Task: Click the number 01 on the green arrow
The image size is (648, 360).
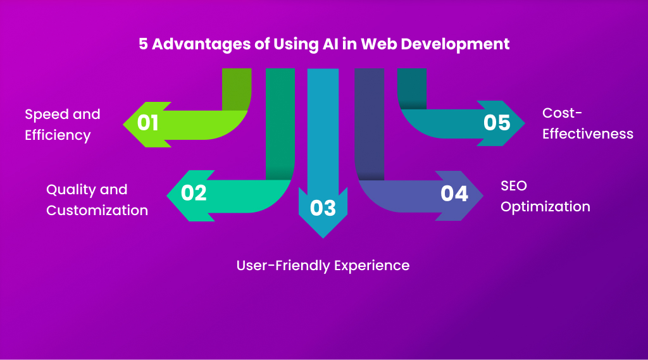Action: pyautogui.click(x=147, y=122)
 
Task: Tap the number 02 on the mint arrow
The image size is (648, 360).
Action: pyautogui.click(x=194, y=192)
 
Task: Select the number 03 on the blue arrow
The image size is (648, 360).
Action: pyautogui.click(x=323, y=208)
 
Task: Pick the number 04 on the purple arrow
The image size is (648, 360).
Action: pyautogui.click(x=454, y=193)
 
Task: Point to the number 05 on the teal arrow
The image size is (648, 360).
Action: pyautogui.click(x=497, y=122)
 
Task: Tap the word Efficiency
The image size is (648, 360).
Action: pyautogui.click(x=58, y=135)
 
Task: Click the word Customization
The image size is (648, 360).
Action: pyautogui.click(x=97, y=210)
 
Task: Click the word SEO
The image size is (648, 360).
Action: pyautogui.click(x=513, y=186)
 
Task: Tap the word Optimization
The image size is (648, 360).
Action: pyautogui.click(x=545, y=206)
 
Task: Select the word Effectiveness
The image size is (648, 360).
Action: pyautogui.click(x=587, y=133)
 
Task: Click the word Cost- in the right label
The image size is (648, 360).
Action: pyautogui.click(x=562, y=113)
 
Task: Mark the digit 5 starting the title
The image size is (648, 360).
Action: pyautogui.click(x=143, y=44)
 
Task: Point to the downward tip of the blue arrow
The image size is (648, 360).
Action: pyautogui.click(x=323, y=237)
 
